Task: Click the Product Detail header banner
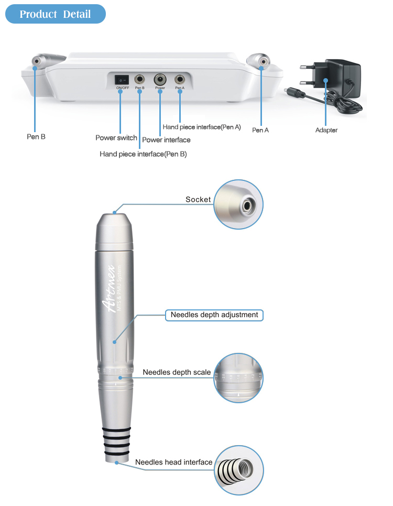[x=55, y=14]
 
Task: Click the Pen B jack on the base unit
[x=140, y=79]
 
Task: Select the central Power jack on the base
[x=160, y=79]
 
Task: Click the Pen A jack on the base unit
[x=180, y=79]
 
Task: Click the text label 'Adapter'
[x=326, y=130]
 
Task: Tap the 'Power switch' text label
[x=116, y=138]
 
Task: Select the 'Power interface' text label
[x=166, y=140]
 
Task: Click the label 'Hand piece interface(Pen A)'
[x=202, y=127]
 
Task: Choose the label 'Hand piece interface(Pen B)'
[x=143, y=154]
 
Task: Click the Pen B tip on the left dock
[x=37, y=61]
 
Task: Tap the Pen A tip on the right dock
[x=261, y=61]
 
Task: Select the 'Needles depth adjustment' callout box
[x=214, y=315]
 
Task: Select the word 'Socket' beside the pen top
[x=198, y=200]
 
